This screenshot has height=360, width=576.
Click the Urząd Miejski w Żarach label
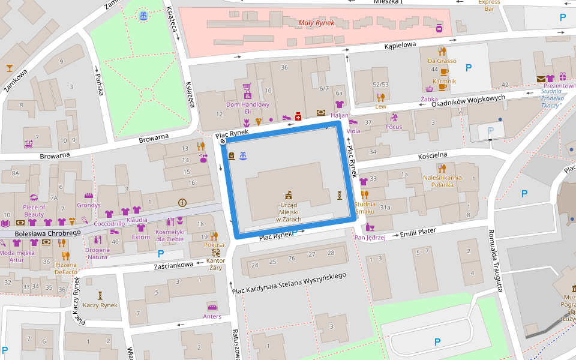(289, 212)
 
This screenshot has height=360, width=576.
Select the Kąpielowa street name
(400, 46)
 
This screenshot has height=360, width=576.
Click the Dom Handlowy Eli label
(247, 107)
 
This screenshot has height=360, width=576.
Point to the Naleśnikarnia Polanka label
(442, 181)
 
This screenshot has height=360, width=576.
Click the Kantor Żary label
(215, 264)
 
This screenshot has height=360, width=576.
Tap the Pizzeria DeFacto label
(66, 268)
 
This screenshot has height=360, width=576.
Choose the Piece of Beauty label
(34, 211)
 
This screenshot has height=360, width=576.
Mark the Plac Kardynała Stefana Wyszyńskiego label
(289, 283)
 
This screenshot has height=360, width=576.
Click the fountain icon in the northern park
(143, 16)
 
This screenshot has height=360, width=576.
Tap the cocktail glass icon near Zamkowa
(10, 67)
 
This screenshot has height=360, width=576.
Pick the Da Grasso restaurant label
(442, 61)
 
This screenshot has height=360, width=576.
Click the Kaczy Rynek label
(100, 305)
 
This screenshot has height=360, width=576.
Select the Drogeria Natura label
(97, 253)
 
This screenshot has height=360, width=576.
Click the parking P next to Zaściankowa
(161, 254)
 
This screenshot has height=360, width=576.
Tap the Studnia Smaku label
(364, 208)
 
